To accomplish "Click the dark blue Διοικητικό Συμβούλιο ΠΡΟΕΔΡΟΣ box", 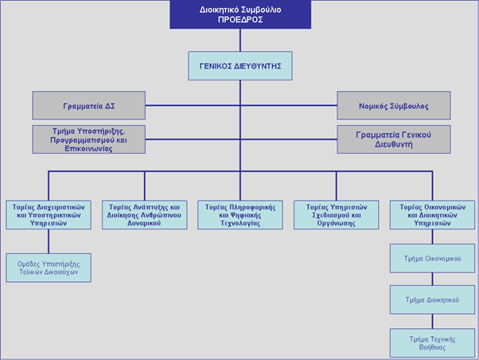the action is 240,14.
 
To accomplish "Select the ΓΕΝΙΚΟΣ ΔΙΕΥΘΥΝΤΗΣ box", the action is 240,66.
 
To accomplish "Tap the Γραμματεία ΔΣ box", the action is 89,105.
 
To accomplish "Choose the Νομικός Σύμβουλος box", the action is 393,105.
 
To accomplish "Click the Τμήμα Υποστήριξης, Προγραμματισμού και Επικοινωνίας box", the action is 89,139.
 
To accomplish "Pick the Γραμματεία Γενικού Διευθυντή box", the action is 393,139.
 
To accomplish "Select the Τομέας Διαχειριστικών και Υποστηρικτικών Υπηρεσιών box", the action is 49,215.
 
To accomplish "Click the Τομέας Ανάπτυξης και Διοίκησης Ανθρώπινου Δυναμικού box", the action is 145,215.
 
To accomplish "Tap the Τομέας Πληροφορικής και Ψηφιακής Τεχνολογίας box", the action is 240,215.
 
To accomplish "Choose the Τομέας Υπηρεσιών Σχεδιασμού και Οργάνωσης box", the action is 337,215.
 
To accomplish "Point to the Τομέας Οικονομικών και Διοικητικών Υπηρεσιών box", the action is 432,215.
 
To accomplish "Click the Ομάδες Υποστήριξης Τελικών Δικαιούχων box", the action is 49,268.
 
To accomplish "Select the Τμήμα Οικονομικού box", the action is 432,258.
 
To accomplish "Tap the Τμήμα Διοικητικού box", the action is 432,299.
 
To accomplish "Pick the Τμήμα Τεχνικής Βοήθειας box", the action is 432,342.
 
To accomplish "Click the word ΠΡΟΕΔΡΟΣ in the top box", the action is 240,20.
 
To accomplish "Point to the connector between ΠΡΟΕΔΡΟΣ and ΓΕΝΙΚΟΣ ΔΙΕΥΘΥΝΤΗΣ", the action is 240,40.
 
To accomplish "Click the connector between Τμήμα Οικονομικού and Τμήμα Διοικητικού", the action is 432,279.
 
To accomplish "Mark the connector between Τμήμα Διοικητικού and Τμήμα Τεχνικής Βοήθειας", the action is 432,321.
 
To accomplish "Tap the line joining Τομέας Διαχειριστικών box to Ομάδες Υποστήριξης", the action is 49,241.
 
